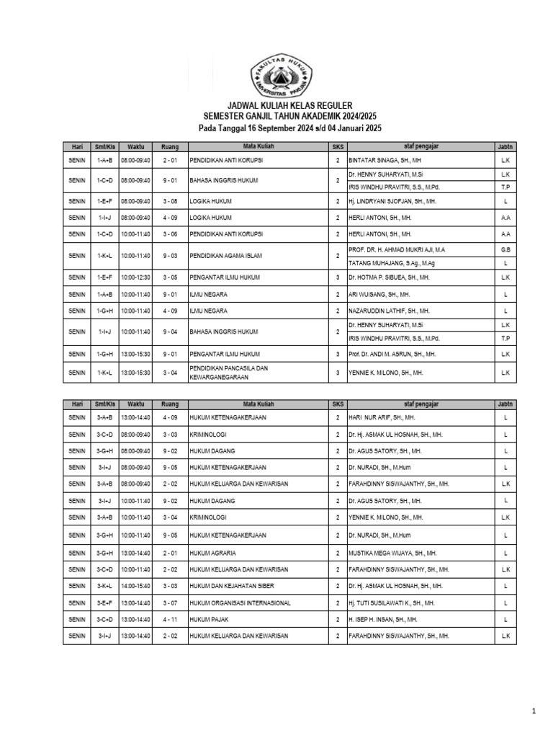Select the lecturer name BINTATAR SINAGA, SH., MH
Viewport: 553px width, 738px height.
click(x=385, y=161)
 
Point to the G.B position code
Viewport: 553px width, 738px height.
click(x=505, y=249)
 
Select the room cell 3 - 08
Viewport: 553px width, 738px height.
click(x=169, y=201)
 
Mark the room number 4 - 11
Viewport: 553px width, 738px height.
click(x=169, y=619)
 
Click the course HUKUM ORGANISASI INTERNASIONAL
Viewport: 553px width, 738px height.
click(x=239, y=603)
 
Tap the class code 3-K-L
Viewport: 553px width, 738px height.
click(x=103, y=586)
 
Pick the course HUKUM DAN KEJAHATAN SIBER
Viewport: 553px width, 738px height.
click(x=231, y=586)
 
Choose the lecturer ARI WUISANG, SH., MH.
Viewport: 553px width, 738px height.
click(x=380, y=293)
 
